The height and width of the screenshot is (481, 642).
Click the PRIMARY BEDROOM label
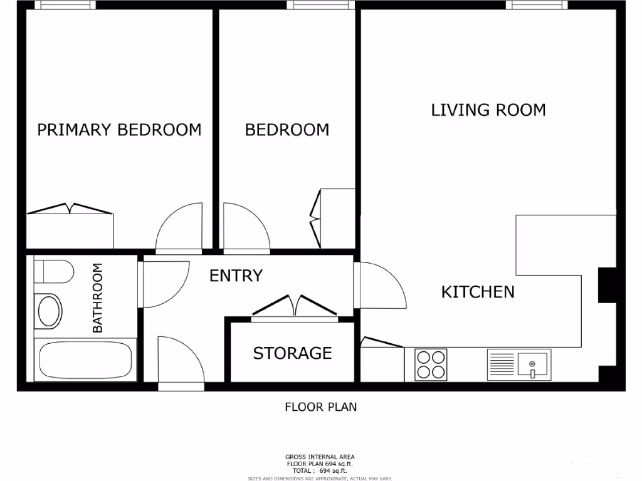point(119,130)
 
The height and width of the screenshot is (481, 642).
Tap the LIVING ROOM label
point(488,110)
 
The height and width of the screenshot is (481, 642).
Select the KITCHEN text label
point(478,292)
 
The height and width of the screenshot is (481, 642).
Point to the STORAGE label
point(292,353)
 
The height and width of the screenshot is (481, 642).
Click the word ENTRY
point(236,276)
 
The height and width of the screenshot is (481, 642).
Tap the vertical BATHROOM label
point(98,298)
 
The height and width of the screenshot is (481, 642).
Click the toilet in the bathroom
point(53,271)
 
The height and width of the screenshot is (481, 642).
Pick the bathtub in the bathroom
point(85,360)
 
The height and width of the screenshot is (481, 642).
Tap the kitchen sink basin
point(532,363)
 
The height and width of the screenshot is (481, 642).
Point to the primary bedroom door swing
point(180,227)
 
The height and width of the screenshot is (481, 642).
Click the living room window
point(537,5)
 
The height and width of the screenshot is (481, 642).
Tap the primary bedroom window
point(65,5)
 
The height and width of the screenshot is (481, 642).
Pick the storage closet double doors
point(295,307)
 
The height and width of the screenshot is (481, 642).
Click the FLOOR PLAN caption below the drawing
point(321,407)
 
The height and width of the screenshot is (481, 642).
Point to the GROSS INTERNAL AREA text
point(320,457)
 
